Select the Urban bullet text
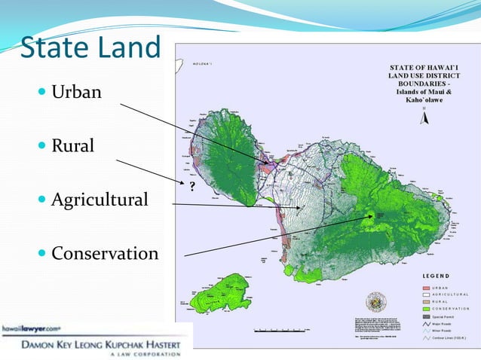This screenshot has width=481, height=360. [75, 93]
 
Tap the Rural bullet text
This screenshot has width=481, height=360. [72, 145]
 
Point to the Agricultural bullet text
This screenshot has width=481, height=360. [100, 200]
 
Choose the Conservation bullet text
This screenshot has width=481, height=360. [105, 253]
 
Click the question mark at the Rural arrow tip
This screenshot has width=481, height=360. [191, 185]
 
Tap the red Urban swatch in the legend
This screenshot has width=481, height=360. [426, 287]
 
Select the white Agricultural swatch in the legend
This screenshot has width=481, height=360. [426, 294]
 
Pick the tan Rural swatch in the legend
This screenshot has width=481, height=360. [426, 301]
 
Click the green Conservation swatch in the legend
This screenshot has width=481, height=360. [426, 307]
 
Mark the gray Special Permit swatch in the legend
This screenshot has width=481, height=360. [426, 315]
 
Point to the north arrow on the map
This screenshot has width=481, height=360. [424, 114]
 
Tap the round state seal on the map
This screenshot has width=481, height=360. [375, 300]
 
